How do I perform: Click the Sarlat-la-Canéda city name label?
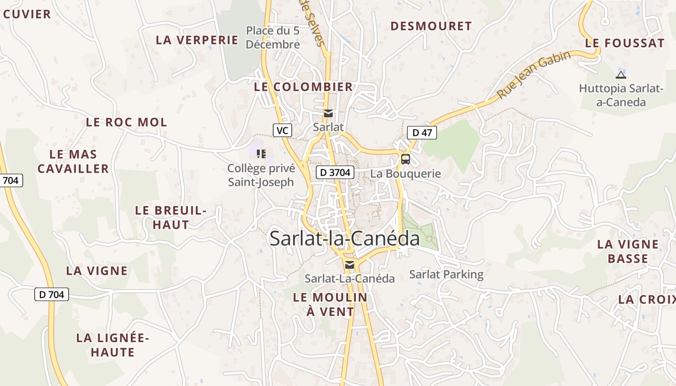(344, 238)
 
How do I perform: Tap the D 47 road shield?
(422, 133)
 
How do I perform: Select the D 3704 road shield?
(336, 172)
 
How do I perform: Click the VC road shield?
(282, 130)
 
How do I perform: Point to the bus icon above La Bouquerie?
(406, 159)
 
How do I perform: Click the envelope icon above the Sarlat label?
(328, 113)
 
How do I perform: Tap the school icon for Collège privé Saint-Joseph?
(261, 154)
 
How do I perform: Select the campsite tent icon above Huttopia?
(620, 75)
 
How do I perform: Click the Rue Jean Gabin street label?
(534, 75)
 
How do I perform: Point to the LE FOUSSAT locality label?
(624, 43)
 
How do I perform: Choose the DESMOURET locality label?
(431, 26)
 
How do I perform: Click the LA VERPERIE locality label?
(197, 40)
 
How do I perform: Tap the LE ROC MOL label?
(127, 122)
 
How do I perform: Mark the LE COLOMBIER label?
(303, 87)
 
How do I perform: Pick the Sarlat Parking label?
(446, 275)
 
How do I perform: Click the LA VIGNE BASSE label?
(628, 251)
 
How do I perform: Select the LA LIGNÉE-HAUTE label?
(113, 345)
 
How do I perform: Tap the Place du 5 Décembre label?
(273, 38)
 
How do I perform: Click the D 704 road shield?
(52, 294)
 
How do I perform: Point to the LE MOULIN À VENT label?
(330, 304)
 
